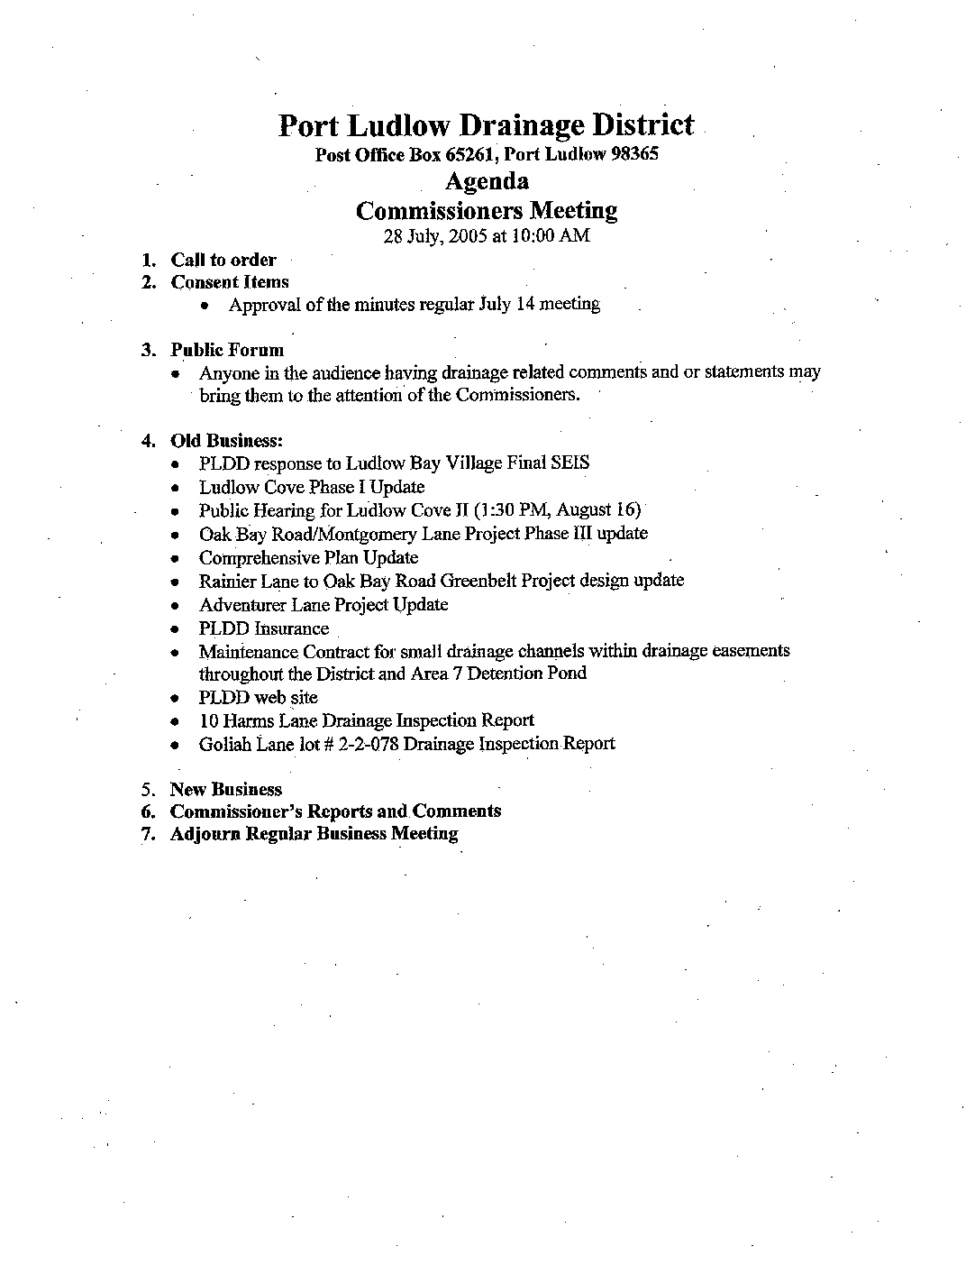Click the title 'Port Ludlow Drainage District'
(x=486, y=124)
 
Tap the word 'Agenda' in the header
(x=487, y=181)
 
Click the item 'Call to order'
(x=223, y=260)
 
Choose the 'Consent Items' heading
(x=230, y=282)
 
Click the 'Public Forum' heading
(x=227, y=350)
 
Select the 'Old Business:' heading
(x=227, y=441)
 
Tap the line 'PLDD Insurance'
(x=264, y=628)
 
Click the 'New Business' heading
(x=225, y=790)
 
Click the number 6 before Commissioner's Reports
(x=147, y=811)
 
